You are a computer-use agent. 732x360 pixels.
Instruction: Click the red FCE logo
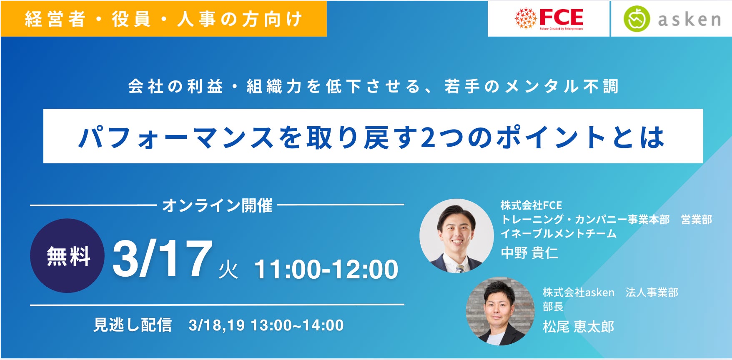coord(549,18)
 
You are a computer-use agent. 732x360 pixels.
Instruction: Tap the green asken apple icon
coord(636,19)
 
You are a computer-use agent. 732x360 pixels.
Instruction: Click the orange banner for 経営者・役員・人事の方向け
coord(163,19)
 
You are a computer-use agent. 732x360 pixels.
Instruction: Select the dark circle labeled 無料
coord(68,256)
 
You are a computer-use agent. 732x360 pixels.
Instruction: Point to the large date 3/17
coord(163,259)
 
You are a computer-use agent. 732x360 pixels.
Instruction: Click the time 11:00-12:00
coord(326,269)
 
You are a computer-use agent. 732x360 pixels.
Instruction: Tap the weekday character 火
coord(228,270)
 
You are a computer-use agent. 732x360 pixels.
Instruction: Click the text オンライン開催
coord(217,205)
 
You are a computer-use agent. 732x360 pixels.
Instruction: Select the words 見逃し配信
coord(133,325)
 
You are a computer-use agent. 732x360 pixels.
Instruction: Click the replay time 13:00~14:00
coord(297,325)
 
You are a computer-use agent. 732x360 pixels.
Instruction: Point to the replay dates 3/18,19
coord(216,325)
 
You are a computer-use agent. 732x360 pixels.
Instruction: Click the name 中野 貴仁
coord(529,253)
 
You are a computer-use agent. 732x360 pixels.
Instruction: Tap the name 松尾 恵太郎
coord(579,327)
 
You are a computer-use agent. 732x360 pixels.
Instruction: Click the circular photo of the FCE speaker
coord(456,236)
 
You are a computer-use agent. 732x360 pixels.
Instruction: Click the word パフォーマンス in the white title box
coord(176,137)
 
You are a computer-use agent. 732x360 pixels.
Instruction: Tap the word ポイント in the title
coord(550,137)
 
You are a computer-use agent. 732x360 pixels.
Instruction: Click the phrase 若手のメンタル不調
coord(531,87)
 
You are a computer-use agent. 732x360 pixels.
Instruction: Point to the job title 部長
coord(553,307)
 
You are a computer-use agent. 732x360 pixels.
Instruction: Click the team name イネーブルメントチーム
coord(559,233)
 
